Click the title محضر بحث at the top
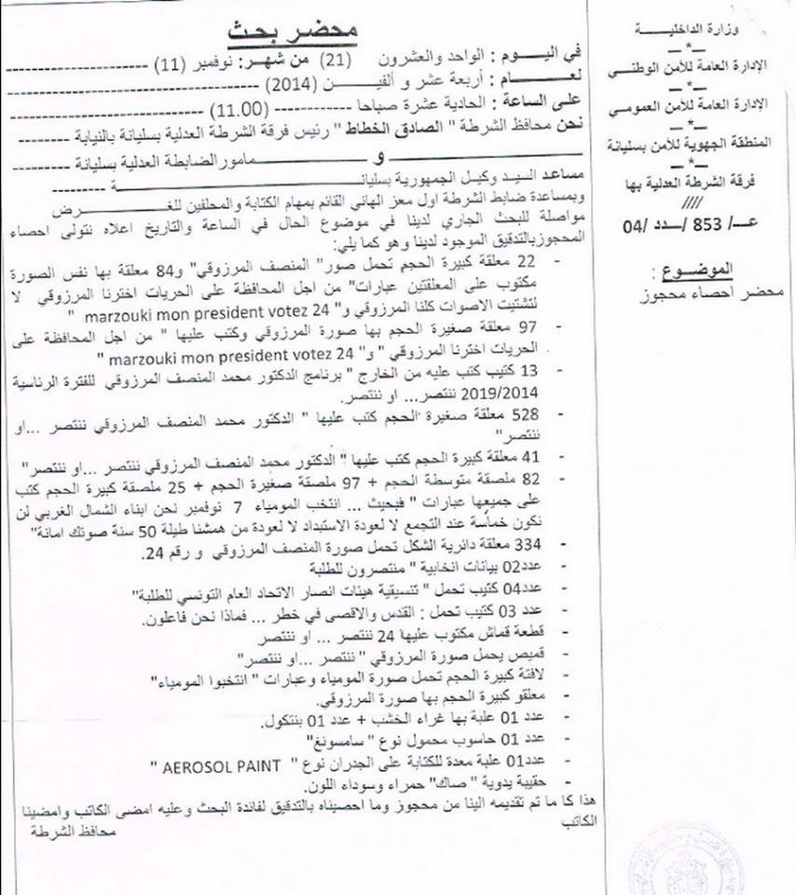(280, 29)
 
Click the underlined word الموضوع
(707, 269)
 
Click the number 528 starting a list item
(538, 415)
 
